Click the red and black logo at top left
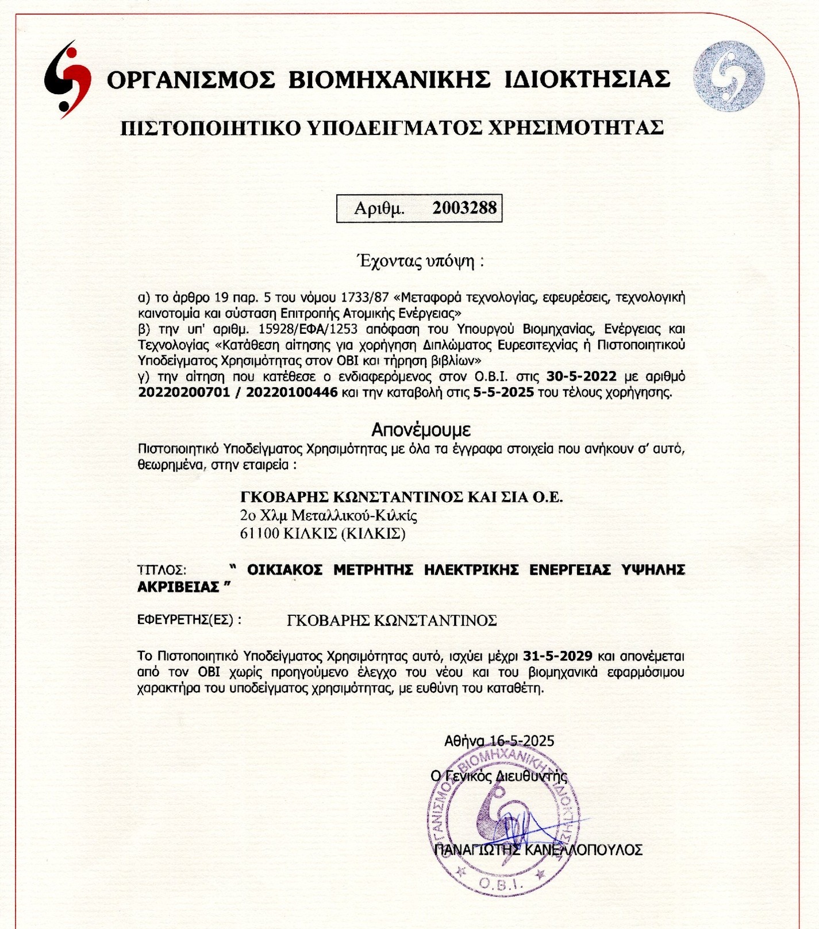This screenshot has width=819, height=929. tap(68, 79)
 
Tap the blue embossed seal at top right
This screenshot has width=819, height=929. tap(728, 76)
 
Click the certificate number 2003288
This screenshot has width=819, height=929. tap(464, 207)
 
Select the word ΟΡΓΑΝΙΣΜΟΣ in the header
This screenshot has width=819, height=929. tap(191, 79)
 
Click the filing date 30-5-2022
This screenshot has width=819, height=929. tap(581, 377)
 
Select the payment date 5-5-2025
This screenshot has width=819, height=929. tap(503, 393)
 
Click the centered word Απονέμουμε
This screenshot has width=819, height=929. tap(421, 429)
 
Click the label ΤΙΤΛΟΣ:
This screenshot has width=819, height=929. tap(162, 570)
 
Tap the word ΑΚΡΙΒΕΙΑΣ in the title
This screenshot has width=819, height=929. tap(178, 587)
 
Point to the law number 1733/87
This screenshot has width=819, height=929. tap(364, 298)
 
